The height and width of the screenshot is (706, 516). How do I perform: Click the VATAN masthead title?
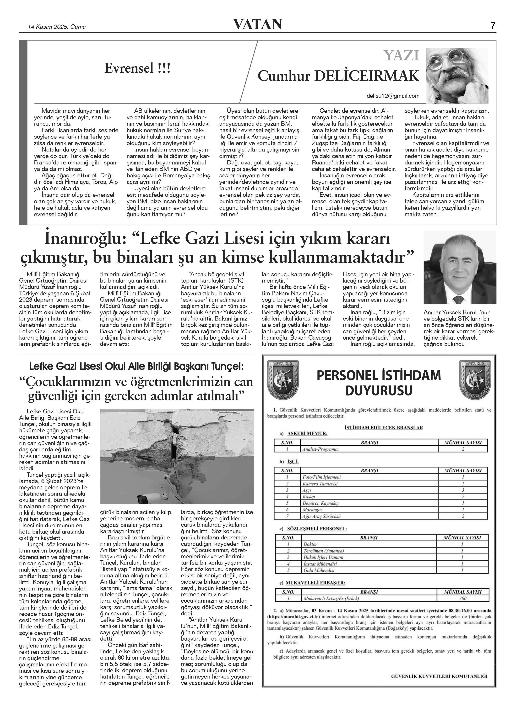(258, 24)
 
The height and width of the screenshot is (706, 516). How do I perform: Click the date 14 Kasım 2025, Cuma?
(57, 27)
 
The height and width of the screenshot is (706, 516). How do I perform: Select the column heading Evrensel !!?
(137, 68)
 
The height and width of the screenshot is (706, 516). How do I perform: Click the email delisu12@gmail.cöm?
(393, 96)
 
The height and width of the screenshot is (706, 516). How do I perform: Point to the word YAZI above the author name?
(401, 56)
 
